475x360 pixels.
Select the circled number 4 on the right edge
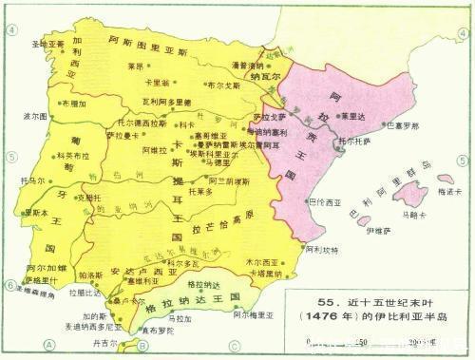pyautogui.click(x=465, y=29)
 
